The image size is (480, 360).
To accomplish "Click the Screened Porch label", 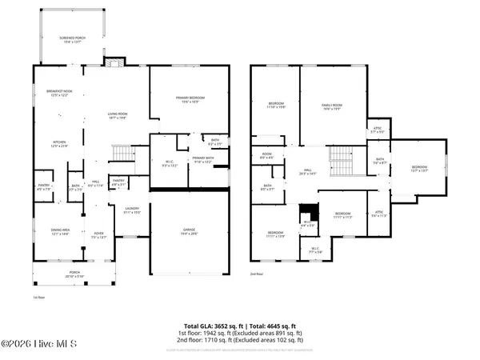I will [x=72, y=40].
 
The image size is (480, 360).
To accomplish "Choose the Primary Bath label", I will [x=201, y=161].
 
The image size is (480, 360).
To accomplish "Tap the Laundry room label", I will [x=132, y=210].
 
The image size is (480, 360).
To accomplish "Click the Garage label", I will [x=189, y=230].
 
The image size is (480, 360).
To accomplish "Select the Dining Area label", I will [x=61, y=231].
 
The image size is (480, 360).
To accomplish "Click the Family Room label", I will [x=331, y=106].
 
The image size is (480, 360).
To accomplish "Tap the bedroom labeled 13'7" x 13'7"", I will [x=420, y=168].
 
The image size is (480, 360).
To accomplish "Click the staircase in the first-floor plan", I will [x=122, y=153].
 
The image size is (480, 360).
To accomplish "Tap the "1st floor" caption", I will [x=38, y=297].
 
